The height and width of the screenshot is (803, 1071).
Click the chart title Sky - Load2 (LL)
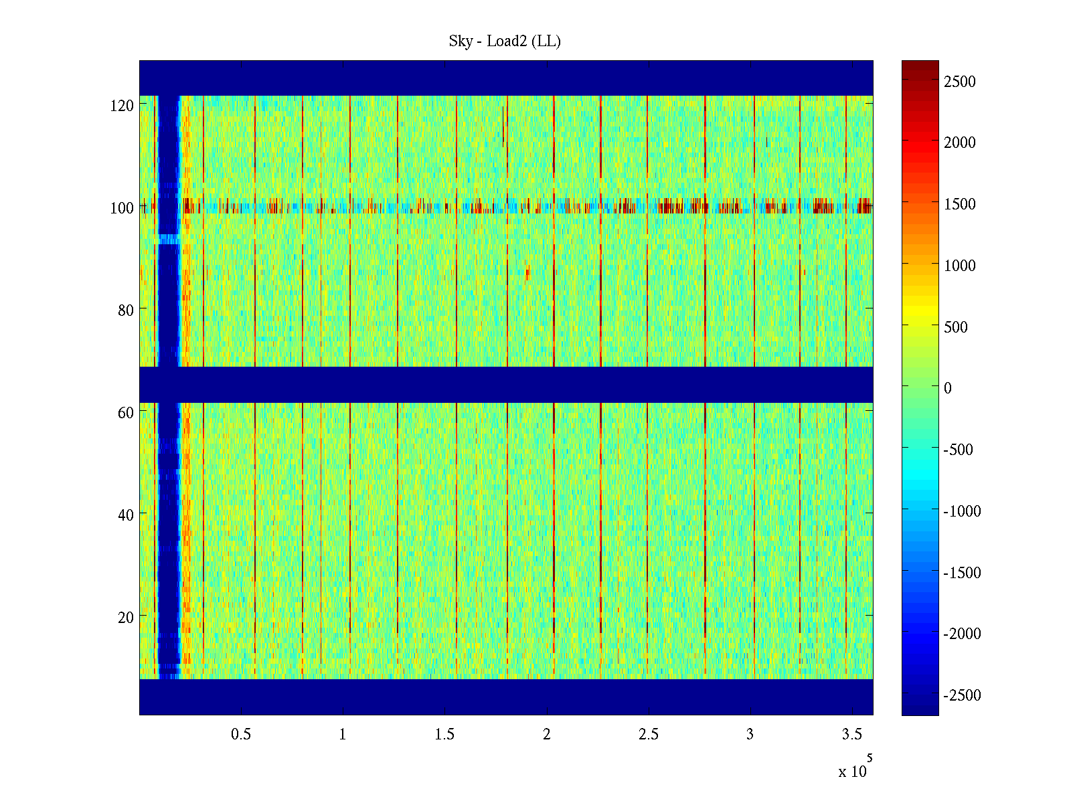click(505, 41)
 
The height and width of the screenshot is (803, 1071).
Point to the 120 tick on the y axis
click(122, 106)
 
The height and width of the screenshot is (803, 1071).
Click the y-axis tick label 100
click(122, 208)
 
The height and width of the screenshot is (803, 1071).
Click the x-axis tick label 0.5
click(241, 735)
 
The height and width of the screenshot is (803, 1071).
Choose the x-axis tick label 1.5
click(444, 735)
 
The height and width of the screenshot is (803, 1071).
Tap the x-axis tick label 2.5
click(648, 735)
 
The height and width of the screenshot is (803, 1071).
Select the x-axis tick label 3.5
click(851, 735)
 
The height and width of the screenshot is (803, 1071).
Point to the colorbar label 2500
click(960, 82)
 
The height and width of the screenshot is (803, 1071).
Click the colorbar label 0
click(947, 388)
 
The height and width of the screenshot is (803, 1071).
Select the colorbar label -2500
click(962, 695)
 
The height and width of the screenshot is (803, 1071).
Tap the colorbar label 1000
click(960, 266)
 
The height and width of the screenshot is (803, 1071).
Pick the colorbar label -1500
click(962, 573)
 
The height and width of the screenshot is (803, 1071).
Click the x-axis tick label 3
click(750, 735)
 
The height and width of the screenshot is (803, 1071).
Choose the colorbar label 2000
click(960, 143)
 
